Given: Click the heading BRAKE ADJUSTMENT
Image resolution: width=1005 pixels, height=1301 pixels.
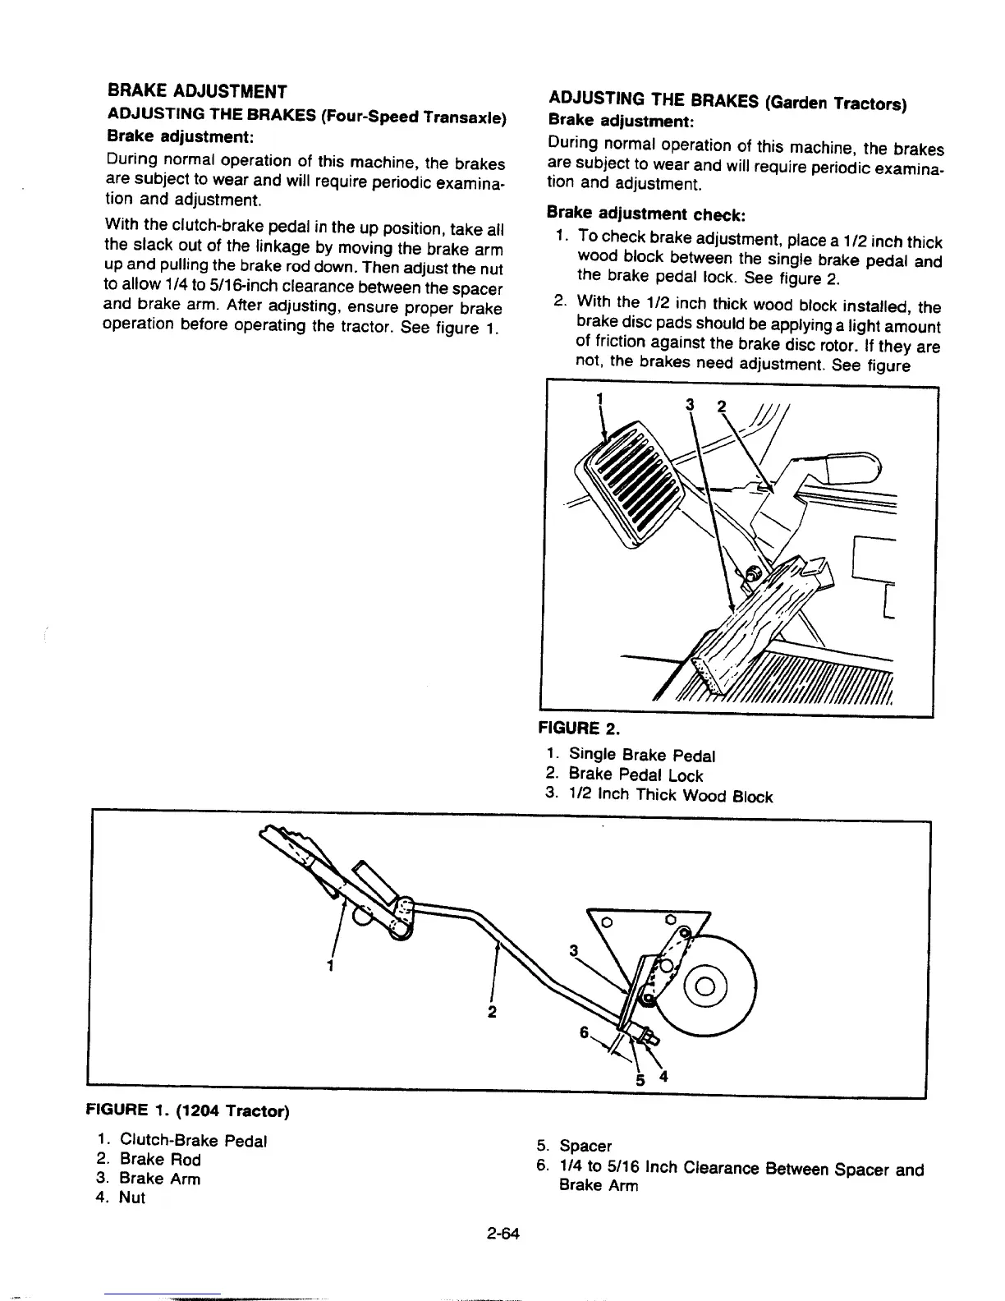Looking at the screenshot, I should click(197, 90).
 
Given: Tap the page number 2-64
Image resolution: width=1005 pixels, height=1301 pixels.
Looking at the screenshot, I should click(503, 1233).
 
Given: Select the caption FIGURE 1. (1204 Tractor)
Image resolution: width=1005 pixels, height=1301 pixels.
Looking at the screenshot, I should click(188, 1111).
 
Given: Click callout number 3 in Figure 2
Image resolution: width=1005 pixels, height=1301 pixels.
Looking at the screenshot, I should click(690, 405).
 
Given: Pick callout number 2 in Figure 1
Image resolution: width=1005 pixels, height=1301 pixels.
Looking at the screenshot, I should click(491, 1011).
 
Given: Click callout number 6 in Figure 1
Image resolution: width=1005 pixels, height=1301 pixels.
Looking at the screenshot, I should click(584, 1032).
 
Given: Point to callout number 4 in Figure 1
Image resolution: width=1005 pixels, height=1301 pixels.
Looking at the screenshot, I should click(663, 1077).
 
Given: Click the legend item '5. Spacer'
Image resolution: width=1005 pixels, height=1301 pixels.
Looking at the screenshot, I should click(574, 1145).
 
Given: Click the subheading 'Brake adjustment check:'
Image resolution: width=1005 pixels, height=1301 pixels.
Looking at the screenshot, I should click(645, 214).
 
